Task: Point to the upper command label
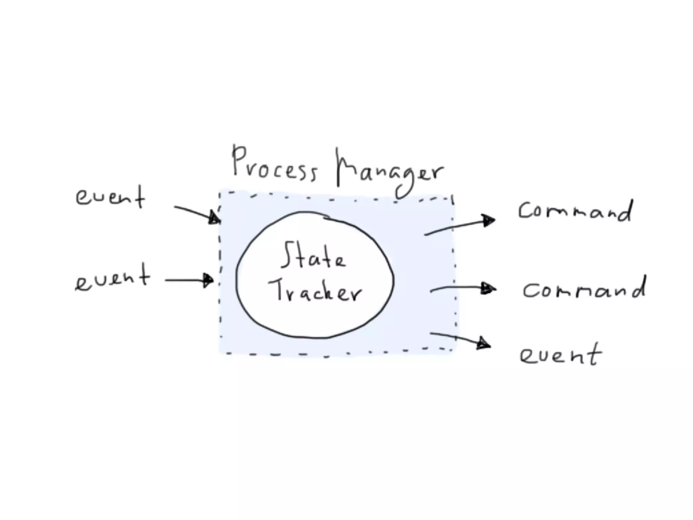tap(575, 211)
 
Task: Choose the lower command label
tap(584, 290)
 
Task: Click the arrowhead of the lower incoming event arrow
tap(208, 280)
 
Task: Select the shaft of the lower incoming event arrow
tap(184, 280)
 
